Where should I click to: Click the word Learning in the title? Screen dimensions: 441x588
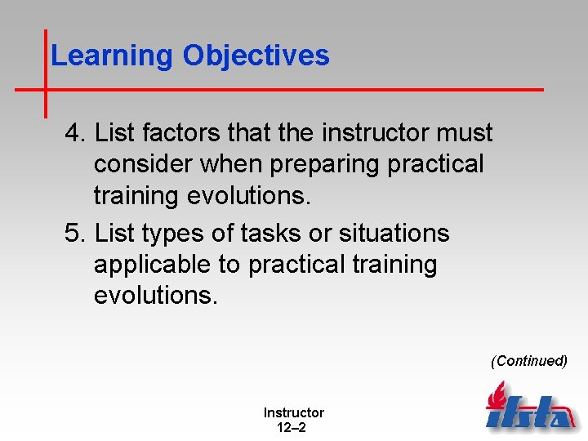[x=112, y=56]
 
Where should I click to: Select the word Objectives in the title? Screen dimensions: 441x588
[x=256, y=56]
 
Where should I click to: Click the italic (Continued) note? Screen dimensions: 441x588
[x=528, y=361]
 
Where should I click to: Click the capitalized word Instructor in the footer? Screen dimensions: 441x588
[x=293, y=413]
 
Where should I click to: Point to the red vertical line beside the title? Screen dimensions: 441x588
[x=45, y=73]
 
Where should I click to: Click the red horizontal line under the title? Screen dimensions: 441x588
[x=327, y=88]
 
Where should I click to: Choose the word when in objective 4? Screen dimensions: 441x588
[x=233, y=164]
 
